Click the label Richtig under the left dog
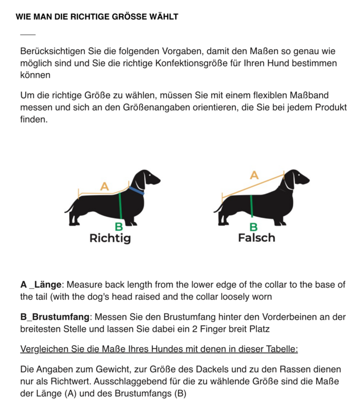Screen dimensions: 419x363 coord(110,239)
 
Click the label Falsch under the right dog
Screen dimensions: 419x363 coord(256,238)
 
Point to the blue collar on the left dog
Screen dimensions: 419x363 coord(136,191)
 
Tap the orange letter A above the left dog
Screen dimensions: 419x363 coord(104,187)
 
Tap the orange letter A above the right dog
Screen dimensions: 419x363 coord(254,175)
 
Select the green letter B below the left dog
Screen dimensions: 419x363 coord(119,227)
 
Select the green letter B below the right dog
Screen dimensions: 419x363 coord(254,227)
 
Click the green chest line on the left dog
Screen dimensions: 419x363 coord(120,206)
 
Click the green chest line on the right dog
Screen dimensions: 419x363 coord(252,206)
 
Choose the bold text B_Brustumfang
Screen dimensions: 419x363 coord(54,317)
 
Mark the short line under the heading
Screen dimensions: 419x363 coord(27,34)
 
